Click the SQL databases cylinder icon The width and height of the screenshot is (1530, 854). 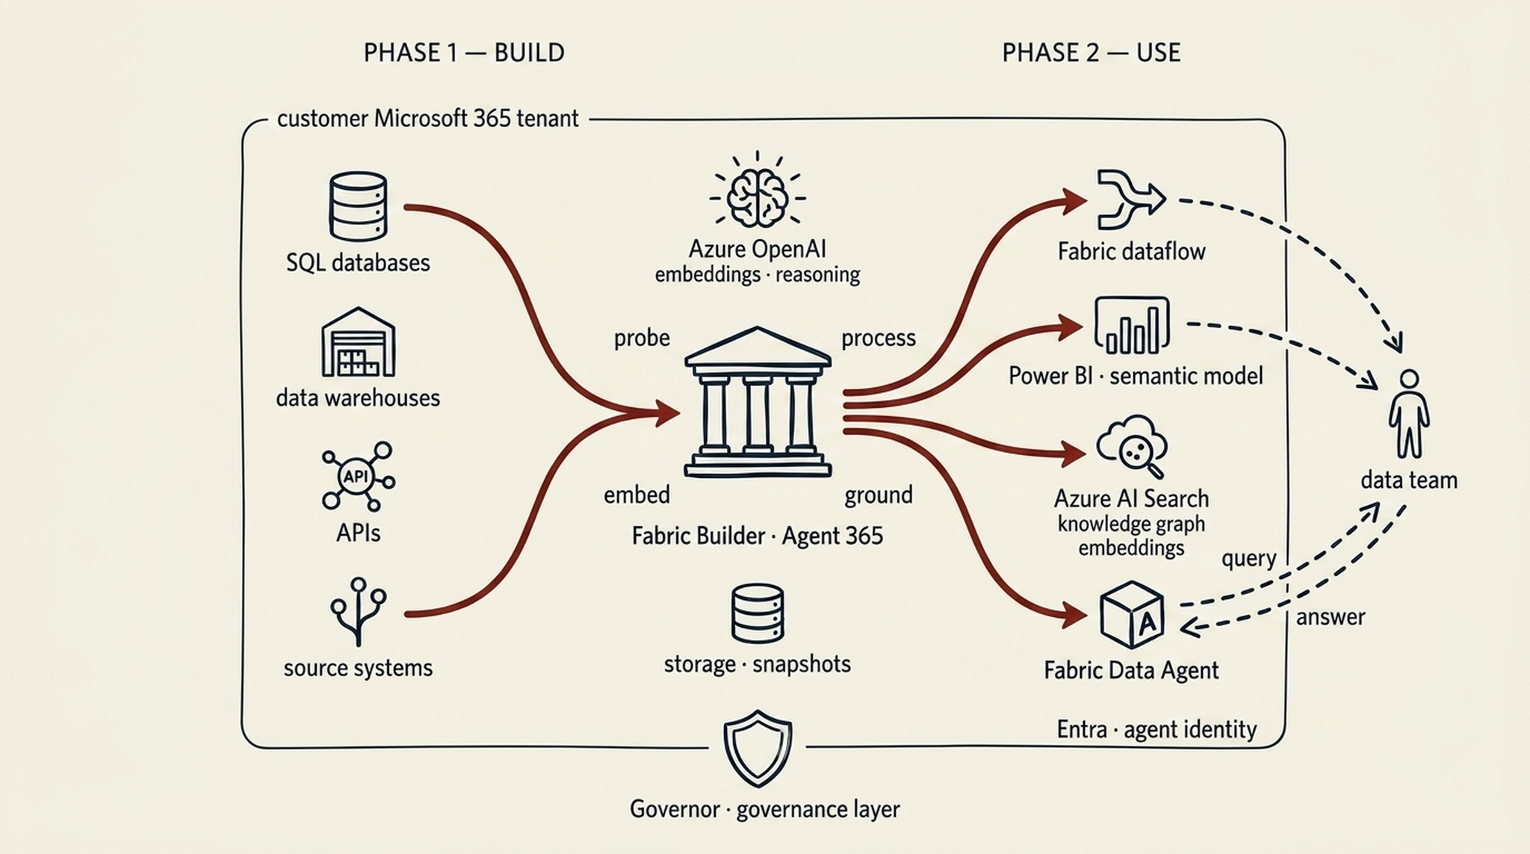tap(358, 207)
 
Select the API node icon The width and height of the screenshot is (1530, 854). tap(357, 476)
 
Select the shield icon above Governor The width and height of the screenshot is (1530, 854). tap(758, 747)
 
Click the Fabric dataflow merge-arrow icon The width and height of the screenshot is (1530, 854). tap(1130, 199)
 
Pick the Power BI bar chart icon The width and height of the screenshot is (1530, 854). tap(1131, 325)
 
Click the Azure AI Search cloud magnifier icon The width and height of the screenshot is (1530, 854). tap(1132, 446)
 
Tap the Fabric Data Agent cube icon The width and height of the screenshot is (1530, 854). tap(1132, 615)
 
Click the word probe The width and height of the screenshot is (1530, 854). tap(642, 338)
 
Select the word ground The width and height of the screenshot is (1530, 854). tap(879, 495)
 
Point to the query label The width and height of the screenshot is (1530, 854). tap(1248, 559)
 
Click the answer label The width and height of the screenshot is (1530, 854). tap(1331, 617)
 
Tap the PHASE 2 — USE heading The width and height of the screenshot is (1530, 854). tap(1091, 53)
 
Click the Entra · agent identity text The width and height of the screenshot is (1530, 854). tap(1156, 729)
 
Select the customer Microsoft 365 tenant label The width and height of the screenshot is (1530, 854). tap(427, 119)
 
